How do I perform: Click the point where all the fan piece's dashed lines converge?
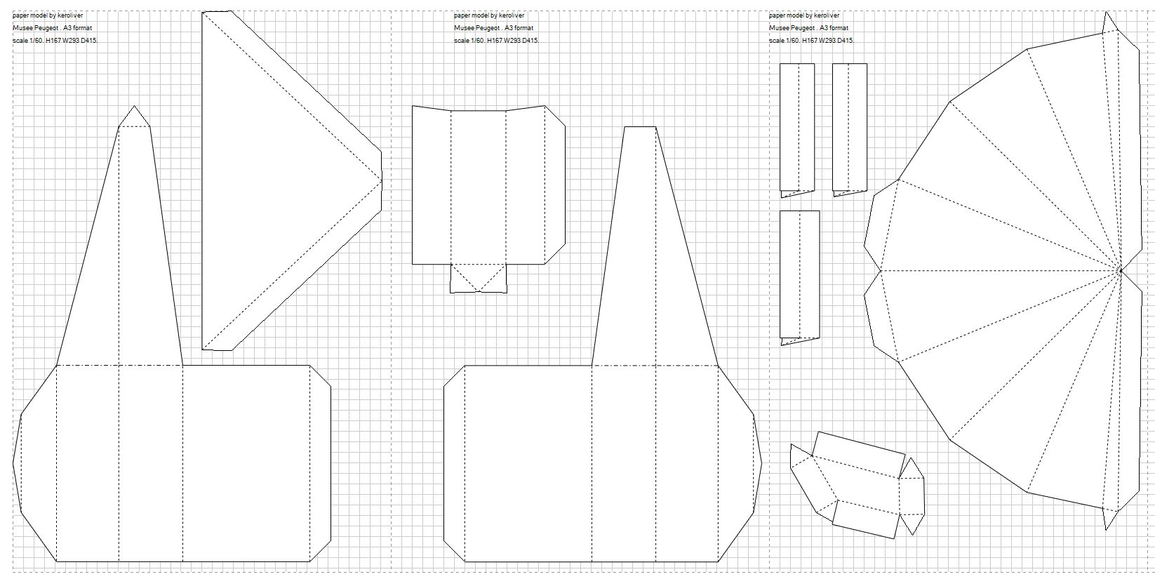(x=1121, y=270)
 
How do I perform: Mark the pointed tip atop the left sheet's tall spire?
(x=135, y=106)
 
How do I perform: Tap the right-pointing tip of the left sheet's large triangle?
(x=382, y=180)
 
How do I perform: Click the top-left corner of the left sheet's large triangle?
(x=202, y=12)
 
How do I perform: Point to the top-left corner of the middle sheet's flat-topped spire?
(x=625, y=127)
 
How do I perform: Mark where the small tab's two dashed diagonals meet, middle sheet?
(x=479, y=291)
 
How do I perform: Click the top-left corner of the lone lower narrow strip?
(x=780, y=211)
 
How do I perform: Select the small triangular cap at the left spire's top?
(x=135, y=117)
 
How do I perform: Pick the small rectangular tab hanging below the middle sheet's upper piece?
(x=479, y=279)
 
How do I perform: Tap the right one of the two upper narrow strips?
(x=850, y=130)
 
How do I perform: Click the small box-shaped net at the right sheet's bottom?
(x=857, y=485)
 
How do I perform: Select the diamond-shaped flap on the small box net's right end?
(x=912, y=496)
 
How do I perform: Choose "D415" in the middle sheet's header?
(x=530, y=40)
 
